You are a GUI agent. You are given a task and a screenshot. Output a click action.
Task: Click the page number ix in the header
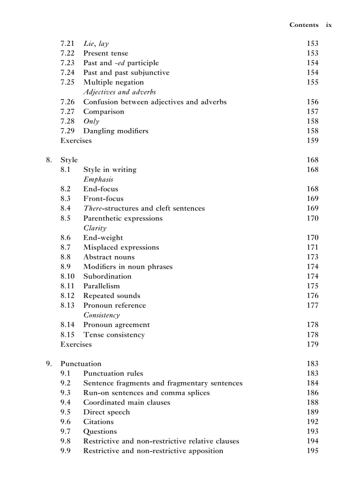[329, 25]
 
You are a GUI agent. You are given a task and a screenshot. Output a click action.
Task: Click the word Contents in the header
[304, 25]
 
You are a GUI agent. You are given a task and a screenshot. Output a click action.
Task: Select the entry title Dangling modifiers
[116, 131]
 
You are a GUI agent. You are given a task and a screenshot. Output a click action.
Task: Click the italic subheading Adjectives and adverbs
[120, 92]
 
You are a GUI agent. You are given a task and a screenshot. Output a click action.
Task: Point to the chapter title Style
[69, 160]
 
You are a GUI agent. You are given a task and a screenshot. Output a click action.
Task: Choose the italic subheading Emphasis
[98, 179]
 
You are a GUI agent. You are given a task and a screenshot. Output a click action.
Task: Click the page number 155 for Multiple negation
[312, 82]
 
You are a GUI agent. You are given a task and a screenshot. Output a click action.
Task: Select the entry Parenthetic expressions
[123, 218]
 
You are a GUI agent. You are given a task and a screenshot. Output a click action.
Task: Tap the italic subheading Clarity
[95, 228]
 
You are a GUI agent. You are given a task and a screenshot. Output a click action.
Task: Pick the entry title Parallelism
[101, 286]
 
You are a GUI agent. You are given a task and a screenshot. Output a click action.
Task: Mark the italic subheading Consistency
[101, 315]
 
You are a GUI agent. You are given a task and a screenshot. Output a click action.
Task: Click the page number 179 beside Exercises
[312, 344]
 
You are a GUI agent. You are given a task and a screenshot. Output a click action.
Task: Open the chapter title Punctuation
[81, 364]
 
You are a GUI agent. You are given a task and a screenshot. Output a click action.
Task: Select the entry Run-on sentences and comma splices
[146, 393]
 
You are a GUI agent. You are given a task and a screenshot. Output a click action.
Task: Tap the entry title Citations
[98, 422]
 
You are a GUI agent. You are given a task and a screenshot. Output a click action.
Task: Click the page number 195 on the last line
[312, 451]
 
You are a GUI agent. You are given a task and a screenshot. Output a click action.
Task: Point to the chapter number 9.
[49, 364]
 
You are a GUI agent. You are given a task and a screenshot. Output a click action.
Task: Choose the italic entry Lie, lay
[96, 44]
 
